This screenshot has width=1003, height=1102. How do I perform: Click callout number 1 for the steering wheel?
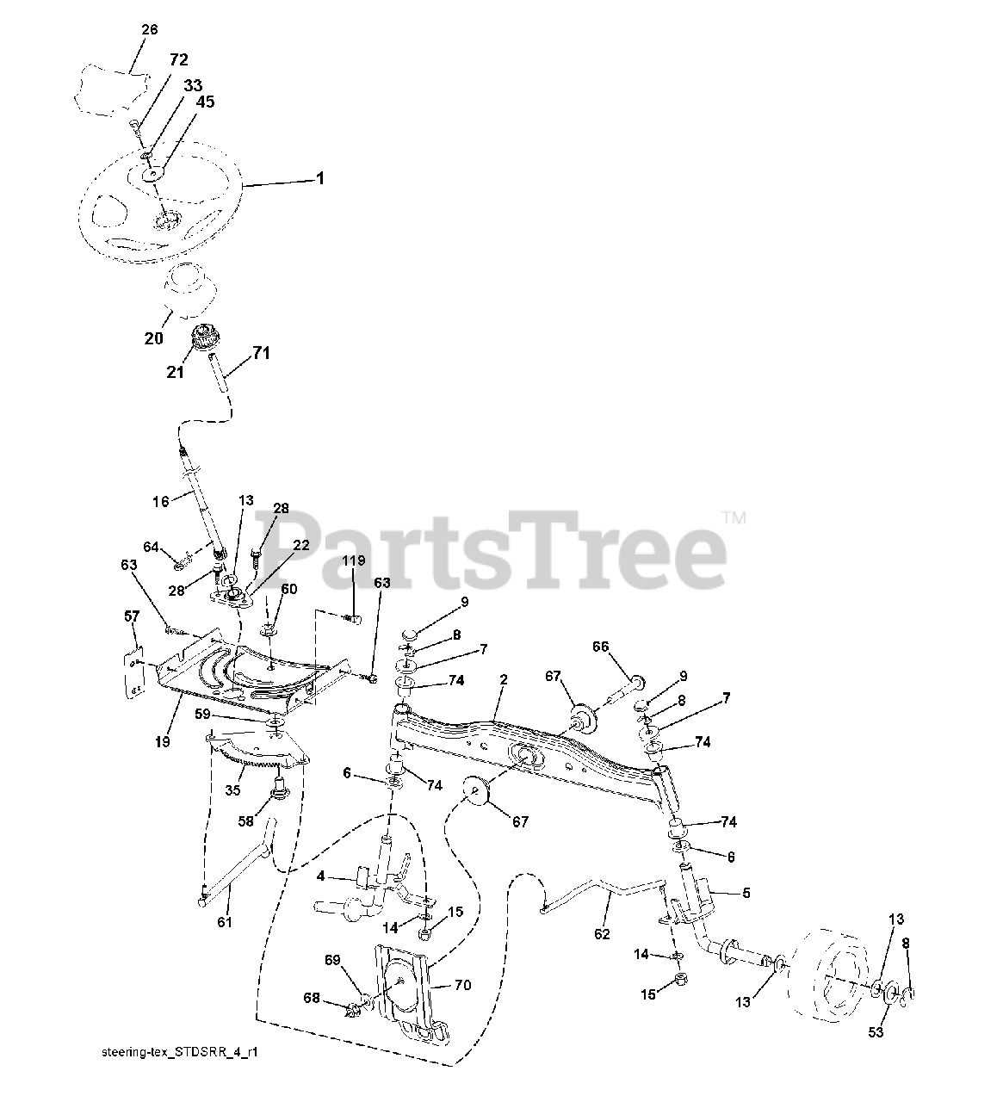click(320, 179)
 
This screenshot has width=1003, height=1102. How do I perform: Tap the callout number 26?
click(149, 29)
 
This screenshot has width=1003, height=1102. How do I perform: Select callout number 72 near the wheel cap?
click(178, 59)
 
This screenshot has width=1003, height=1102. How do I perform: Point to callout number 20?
click(153, 338)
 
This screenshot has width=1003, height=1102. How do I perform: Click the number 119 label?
click(354, 560)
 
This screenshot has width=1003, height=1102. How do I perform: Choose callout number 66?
click(600, 646)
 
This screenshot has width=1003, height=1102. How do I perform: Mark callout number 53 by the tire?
click(876, 1032)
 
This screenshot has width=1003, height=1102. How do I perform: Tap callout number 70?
click(462, 986)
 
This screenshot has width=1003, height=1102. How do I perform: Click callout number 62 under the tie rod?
click(601, 933)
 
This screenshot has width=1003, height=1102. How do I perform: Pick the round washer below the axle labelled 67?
click(474, 790)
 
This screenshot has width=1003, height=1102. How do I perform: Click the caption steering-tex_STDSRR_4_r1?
click(179, 1053)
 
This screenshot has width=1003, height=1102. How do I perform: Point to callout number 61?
click(225, 923)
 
